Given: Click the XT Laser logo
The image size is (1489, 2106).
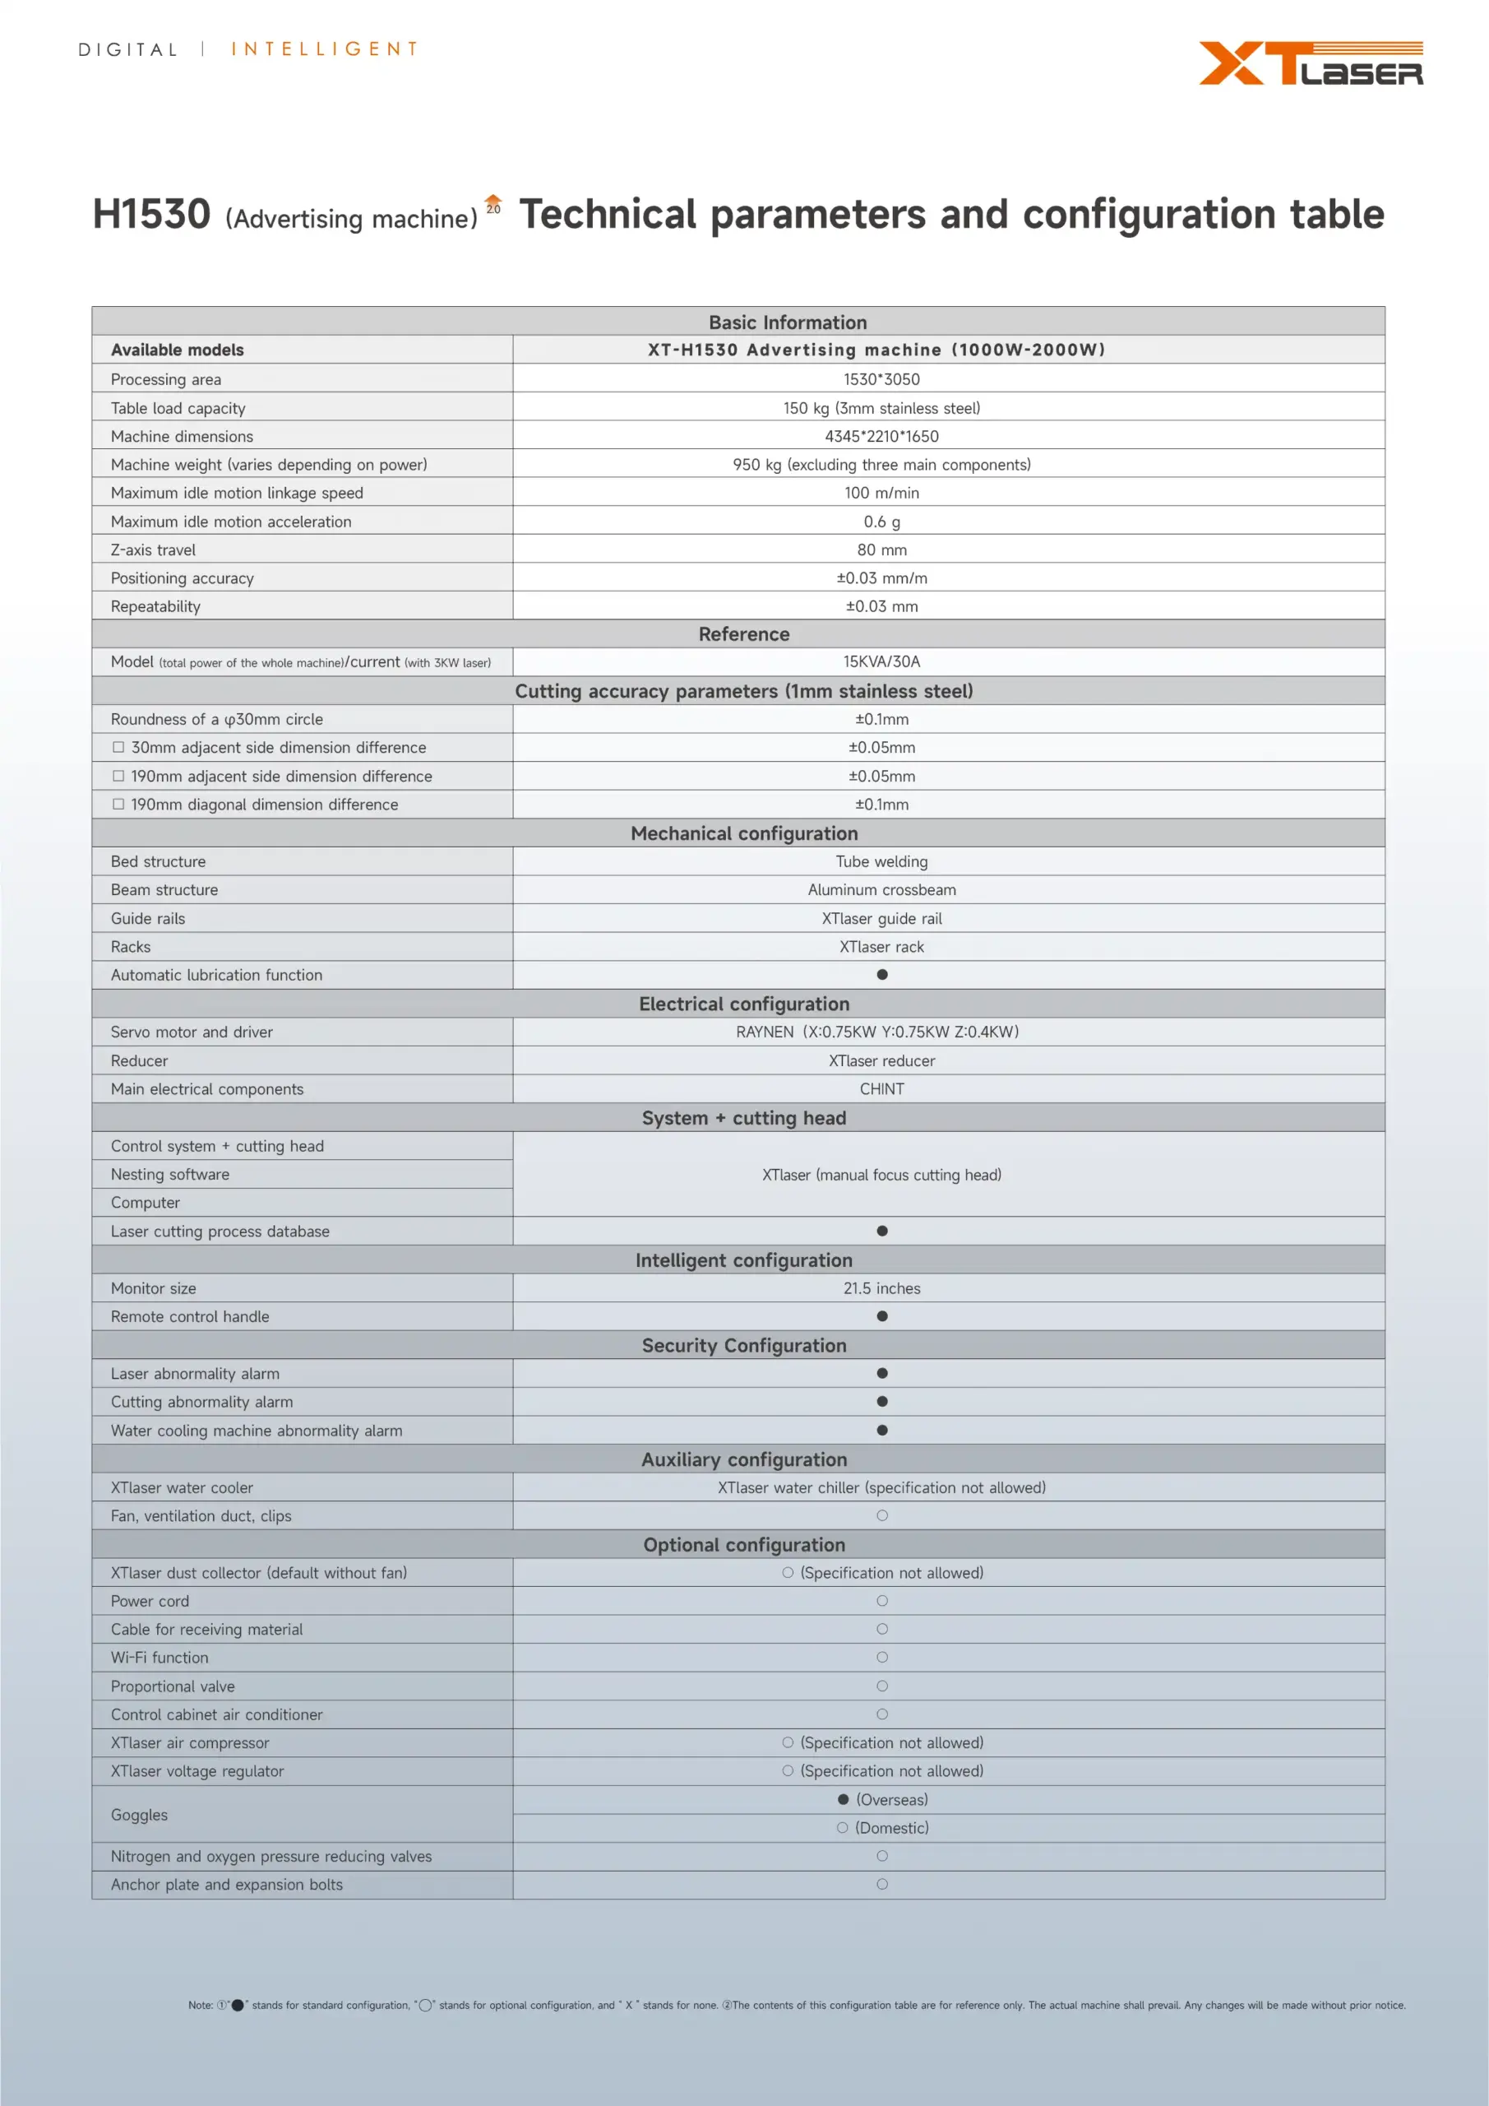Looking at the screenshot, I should pyautogui.click(x=1311, y=63).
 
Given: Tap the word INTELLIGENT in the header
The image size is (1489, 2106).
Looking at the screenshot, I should pyautogui.click(x=325, y=49).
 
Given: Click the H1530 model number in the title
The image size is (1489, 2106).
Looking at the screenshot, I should pyautogui.click(x=152, y=215).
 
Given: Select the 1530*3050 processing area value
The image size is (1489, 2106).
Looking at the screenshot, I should pyautogui.click(x=881, y=378).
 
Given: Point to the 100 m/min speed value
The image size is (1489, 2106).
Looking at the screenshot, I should pyautogui.click(x=881, y=493).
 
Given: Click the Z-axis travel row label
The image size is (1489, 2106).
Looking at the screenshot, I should pyautogui.click(x=153, y=550).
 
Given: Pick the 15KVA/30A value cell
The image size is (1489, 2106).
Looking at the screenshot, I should pyautogui.click(x=881, y=661).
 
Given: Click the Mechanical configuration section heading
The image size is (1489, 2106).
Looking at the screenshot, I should pyautogui.click(x=743, y=833).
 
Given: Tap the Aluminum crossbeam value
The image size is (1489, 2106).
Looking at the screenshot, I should pyautogui.click(x=881, y=890).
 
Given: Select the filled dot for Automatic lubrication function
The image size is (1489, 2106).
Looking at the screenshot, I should pyautogui.click(x=882, y=974).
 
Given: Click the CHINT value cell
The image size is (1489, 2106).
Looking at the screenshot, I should pyautogui.click(x=881, y=1088).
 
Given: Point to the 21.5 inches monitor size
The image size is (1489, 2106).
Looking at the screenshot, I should pyautogui.click(x=881, y=1287).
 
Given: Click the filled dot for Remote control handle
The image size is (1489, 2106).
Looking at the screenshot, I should pyautogui.click(x=882, y=1316).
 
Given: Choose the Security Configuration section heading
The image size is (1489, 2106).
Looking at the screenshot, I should pyautogui.click(x=743, y=1345).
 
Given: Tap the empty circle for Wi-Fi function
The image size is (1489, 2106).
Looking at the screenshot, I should pyautogui.click(x=882, y=1658).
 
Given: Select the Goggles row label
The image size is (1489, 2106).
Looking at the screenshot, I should pyautogui.click(x=140, y=1814).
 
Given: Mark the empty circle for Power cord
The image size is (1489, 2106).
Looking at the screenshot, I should pyautogui.click(x=882, y=1601).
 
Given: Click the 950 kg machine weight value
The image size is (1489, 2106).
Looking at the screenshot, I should pyautogui.click(x=881, y=464).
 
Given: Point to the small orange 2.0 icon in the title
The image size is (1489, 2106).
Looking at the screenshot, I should pyautogui.click(x=493, y=205).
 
